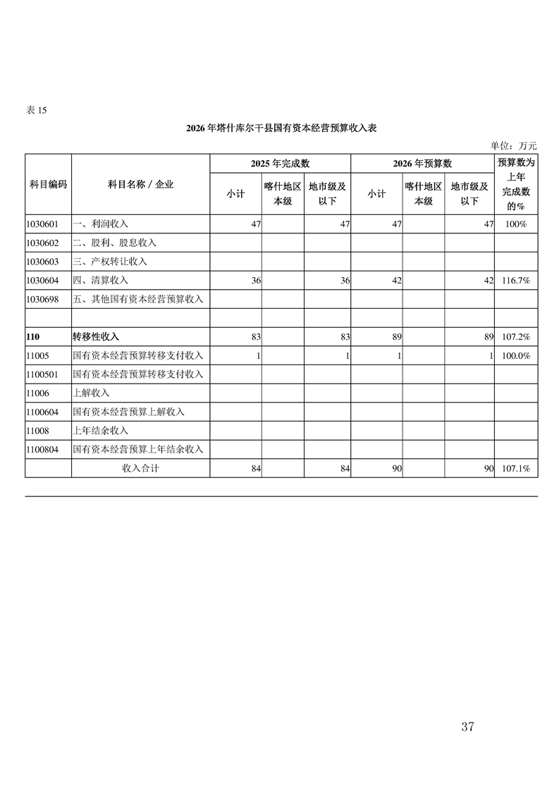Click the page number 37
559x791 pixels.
point(467,727)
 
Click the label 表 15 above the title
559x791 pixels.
point(36,110)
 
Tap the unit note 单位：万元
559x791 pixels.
point(514,146)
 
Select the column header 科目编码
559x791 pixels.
point(48,184)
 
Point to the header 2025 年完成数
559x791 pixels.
point(280,164)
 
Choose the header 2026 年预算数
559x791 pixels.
point(422,164)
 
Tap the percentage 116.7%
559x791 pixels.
point(516,281)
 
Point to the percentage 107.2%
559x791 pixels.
point(516,337)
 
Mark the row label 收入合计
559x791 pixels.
point(140,468)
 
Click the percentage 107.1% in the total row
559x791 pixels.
point(516,468)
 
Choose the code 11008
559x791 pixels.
point(38,430)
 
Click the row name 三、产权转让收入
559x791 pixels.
point(110,262)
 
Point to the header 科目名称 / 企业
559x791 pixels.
point(140,184)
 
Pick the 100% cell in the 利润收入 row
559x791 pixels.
point(516,224)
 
